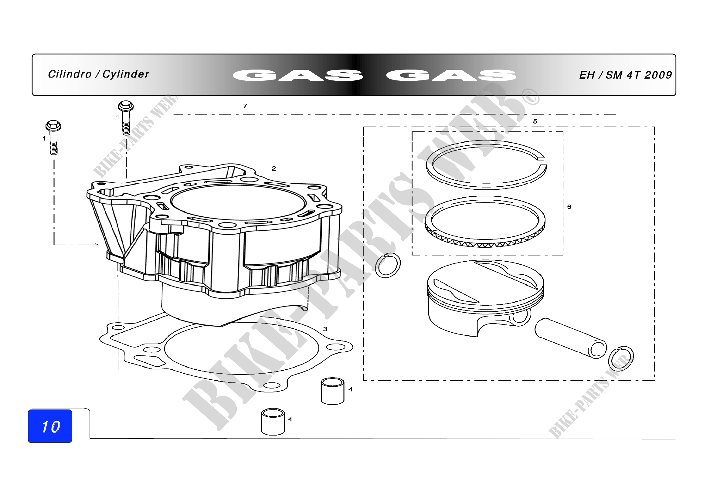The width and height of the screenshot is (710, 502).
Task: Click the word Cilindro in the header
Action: pos(70,74)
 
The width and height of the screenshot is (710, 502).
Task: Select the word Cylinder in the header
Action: pos(126,74)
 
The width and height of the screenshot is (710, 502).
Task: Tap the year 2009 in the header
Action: pos(658,75)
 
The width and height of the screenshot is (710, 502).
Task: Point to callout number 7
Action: pos(245,106)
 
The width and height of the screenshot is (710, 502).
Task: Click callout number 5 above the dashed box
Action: pos(535,121)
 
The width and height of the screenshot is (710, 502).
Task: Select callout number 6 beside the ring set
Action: pos(569,206)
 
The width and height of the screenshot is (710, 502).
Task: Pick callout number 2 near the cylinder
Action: pos(274,168)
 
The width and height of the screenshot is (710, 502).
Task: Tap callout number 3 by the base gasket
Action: pos(325,329)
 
